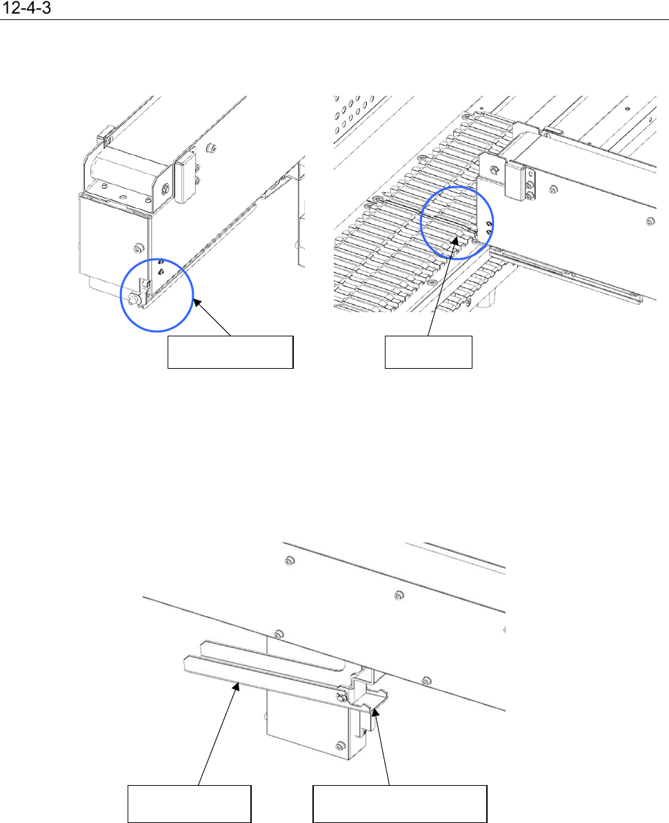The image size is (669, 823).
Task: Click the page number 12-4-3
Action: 27,8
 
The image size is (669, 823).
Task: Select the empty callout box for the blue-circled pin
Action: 230,352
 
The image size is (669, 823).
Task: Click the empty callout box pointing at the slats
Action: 428,352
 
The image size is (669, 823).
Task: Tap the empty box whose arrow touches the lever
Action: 189,804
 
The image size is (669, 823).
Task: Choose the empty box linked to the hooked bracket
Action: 399,804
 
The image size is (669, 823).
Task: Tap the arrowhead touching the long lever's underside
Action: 238,685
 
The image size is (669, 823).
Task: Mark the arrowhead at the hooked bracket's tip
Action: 375,713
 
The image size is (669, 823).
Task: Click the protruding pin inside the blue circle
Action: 133,298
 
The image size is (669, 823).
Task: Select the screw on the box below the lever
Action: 340,746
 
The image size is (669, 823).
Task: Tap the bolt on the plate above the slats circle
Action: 494,170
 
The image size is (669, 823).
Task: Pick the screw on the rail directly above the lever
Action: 279,633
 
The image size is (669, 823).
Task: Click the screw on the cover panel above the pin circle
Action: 139,247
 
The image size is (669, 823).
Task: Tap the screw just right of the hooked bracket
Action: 427,681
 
